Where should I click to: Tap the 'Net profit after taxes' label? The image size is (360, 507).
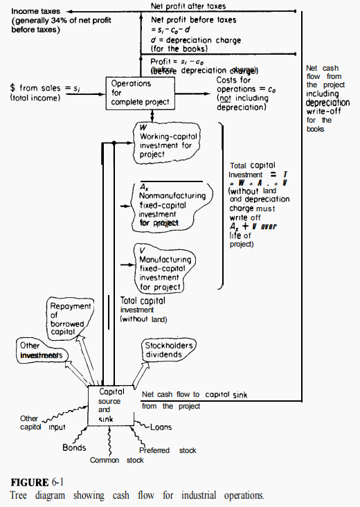188,6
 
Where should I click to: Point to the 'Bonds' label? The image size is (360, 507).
74,447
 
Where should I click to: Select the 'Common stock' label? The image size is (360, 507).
117,460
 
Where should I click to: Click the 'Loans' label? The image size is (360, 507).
161,427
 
